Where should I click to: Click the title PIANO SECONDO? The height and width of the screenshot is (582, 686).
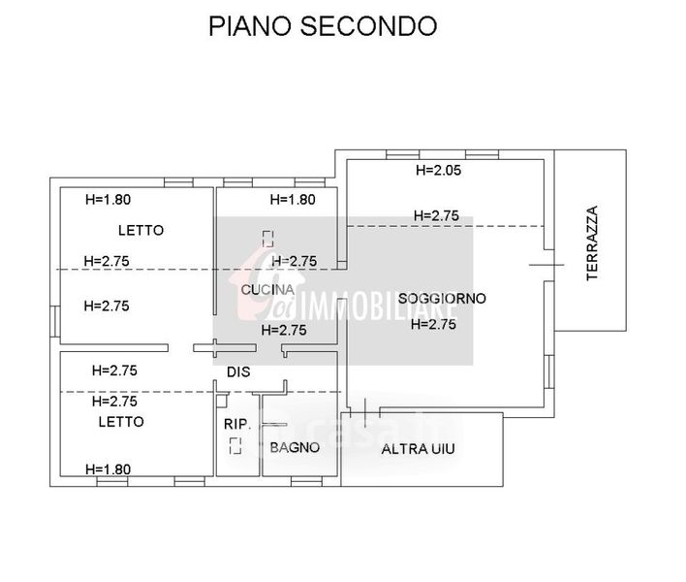323,26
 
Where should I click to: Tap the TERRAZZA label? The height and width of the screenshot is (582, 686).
593,242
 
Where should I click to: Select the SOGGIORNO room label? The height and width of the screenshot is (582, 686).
441,299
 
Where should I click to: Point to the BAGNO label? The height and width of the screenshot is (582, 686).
295,447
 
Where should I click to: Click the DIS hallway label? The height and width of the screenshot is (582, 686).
238,372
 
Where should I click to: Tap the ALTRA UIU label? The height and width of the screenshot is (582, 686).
418,449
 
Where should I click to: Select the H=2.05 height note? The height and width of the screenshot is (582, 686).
437,171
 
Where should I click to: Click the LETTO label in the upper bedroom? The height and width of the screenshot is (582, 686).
141,231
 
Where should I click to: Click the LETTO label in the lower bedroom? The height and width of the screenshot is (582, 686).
121,422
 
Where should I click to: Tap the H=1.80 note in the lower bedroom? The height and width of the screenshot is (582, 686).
109,469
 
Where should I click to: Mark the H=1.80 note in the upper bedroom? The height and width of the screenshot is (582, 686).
109,201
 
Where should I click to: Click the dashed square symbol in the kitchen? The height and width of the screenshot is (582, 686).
268,237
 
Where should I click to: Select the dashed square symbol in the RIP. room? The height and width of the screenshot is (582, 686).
235,446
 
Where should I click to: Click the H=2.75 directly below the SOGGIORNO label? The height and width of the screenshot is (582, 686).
433,325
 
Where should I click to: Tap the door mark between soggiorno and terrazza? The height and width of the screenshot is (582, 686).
546,265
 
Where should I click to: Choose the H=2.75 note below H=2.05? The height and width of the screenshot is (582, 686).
436,215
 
